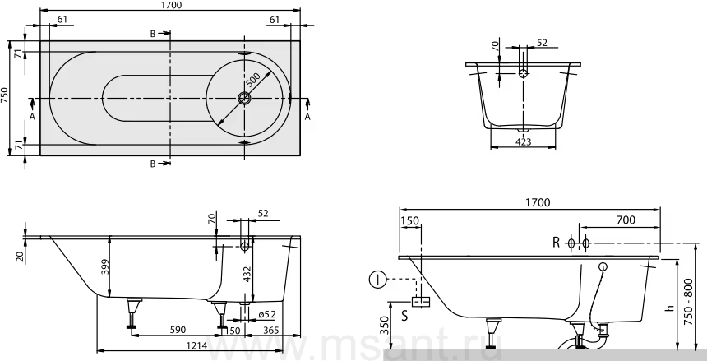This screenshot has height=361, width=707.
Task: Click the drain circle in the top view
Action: (x=244, y=98)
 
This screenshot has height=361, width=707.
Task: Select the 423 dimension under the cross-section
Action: (x=523, y=141)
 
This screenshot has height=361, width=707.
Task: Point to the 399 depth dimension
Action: (x=104, y=270)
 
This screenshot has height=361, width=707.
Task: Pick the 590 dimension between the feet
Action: (x=178, y=330)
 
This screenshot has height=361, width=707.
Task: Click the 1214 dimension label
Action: (x=196, y=345)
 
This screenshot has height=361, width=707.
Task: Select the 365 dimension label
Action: (x=271, y=331)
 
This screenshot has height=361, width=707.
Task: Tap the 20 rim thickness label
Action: (x=19, y=257)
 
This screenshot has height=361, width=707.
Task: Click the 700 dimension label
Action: (x=625, y=220)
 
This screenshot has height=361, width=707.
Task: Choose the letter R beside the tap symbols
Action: (x=556, y=243)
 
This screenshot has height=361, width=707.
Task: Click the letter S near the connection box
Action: (x=404, y=316)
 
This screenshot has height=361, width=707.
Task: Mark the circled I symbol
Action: (x=377, y=280)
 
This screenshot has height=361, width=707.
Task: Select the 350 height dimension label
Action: (x=384, y=325)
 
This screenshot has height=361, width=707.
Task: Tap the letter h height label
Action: (x=670, y=308)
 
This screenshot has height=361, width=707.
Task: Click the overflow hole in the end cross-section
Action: (x=523, y=72)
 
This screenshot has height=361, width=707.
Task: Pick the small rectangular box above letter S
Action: (x=421, y=302)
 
